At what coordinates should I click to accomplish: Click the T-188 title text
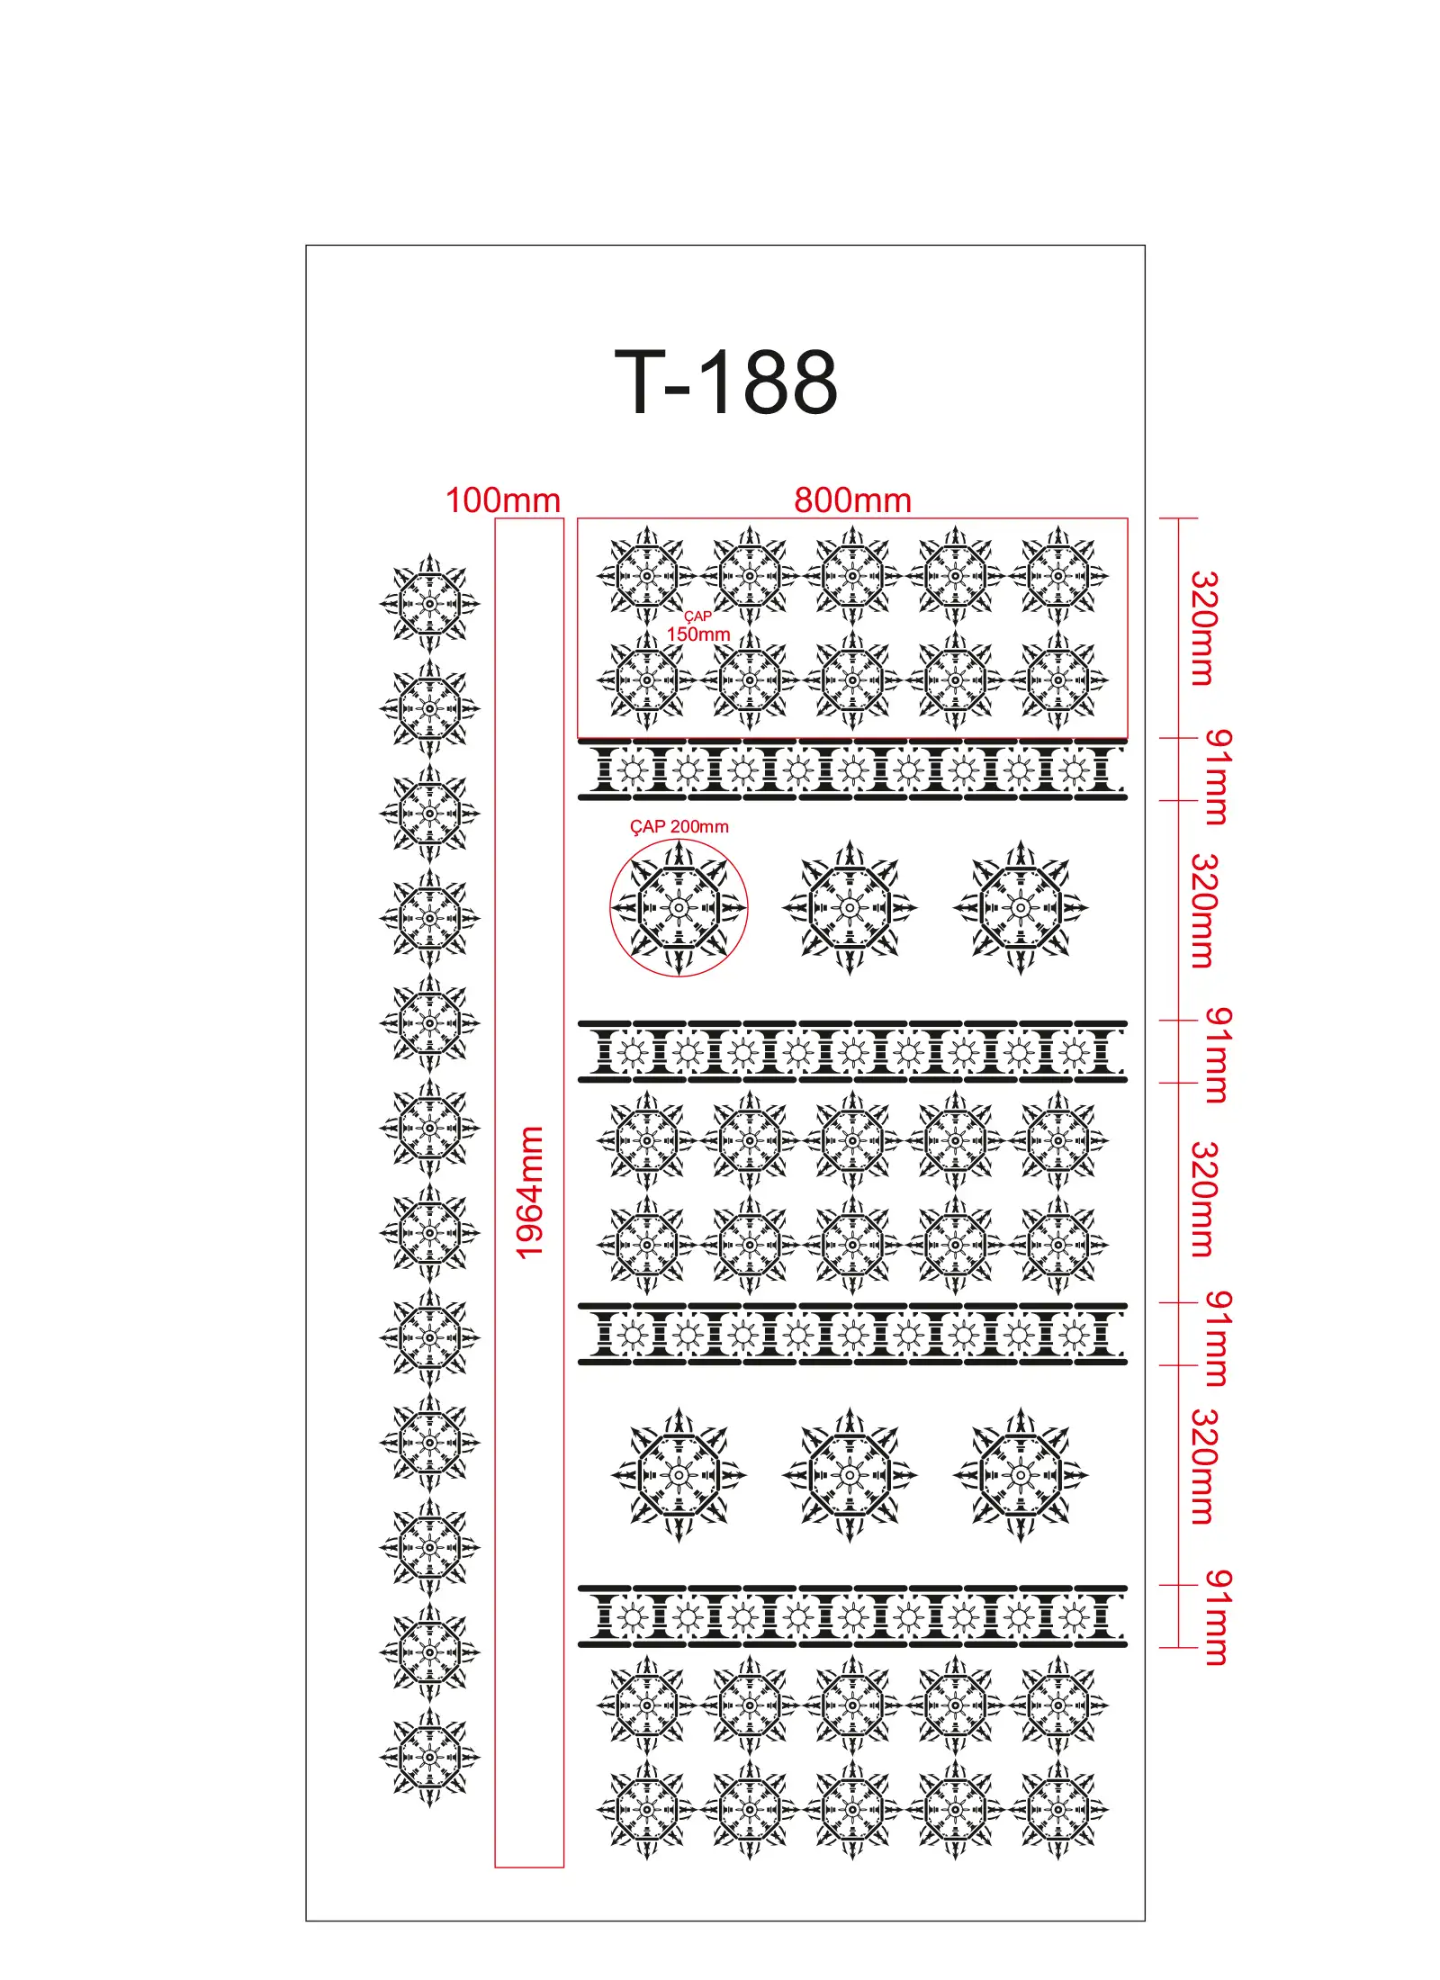(x=725, y=383)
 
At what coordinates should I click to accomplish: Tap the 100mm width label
(x=503, y=500)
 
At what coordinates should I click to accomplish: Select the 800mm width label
(x=852, y=500)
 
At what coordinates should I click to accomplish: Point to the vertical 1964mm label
(x=530, y=1192)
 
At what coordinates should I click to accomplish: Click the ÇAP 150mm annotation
(x=698, y=626)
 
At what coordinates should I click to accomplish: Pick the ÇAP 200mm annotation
(x=679, y=826)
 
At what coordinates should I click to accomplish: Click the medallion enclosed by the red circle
(x=679, y=908)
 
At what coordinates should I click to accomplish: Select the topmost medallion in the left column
(x=429, y=603)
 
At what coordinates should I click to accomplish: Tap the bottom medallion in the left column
(x=429, y=1756)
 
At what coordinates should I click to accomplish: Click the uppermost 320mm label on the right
(x=1203, y=628)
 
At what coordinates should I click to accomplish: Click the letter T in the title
(x=640, y=383)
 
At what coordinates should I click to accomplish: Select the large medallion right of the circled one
(x=850, y=908)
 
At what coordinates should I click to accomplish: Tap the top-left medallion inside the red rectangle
(x=646, y=576)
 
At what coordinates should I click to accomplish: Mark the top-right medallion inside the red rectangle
(x=1058, y=576)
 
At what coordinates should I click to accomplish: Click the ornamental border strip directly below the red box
(x=852, y=770)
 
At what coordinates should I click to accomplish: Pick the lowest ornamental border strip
(x=852, y=1616)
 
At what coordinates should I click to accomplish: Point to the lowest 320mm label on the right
(x=1203, y=1466)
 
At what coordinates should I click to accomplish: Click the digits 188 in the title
(x=768, y=383)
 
